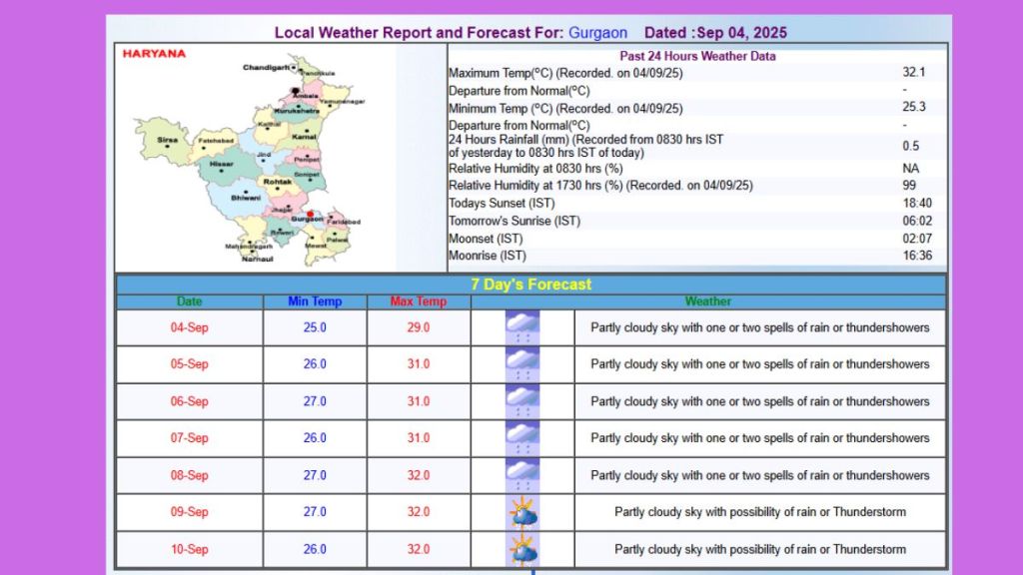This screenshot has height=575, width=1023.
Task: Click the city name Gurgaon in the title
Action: (x=597, y=33)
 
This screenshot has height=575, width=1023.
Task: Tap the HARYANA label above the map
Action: (x=154, y=54)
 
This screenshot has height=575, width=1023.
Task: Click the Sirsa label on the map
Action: (x=167, y=141)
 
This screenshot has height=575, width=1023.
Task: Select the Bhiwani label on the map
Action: (x=245, y=198)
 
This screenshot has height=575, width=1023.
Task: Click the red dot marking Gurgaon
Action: (x=311, y=214)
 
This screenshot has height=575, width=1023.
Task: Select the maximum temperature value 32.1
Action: (x=913, y=73)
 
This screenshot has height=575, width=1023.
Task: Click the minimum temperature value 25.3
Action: (x=913, y=108)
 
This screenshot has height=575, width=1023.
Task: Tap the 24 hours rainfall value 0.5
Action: (x=911, y=146)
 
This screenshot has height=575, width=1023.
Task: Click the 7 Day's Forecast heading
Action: (x=531, y=285)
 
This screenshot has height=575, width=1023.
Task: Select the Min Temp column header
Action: (x=315, y=301)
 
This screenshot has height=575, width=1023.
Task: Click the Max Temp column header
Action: (x=419, y=301)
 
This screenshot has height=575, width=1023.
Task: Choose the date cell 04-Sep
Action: (x=190, y=327)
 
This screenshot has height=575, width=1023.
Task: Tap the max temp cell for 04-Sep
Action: (x=419, y=327)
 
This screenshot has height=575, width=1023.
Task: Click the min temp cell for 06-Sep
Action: (x=315, y=401)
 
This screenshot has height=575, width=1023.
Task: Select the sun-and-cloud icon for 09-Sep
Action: (x=522, y=513)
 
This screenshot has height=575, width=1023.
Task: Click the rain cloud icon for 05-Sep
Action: (x=522, y=364)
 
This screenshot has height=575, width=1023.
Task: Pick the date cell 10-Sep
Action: (x=190, y=549)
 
